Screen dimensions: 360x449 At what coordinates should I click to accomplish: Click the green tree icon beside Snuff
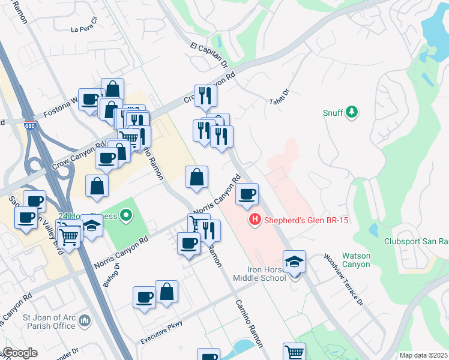coord(352,112)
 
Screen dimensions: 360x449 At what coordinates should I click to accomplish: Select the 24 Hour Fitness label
coord(91,214)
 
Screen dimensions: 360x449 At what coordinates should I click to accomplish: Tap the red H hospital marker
coord(255,220)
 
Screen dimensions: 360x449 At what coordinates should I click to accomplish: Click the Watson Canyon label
coord(356,260)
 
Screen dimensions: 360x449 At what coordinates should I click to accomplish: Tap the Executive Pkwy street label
coord(161,335)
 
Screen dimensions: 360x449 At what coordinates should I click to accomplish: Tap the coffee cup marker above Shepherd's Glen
coord(247,194)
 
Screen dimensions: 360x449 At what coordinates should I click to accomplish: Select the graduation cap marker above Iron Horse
coord(294,262)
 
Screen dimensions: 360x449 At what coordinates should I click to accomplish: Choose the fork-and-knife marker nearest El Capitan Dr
coord(205,95)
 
